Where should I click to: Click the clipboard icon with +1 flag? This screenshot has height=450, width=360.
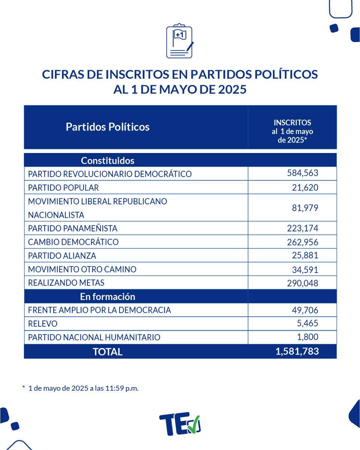click(x=180, y=41)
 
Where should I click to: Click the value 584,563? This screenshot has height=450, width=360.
click(x=302, y=173)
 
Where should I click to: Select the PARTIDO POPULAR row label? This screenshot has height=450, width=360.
click(x=63, y=187)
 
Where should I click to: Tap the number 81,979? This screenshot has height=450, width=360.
click(x=305, y=208)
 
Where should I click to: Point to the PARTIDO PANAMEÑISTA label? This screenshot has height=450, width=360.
click(x=73, y=228)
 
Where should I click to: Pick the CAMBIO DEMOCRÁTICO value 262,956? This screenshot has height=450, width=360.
click(x=302, y=242)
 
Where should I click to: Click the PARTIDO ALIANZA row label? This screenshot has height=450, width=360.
click(x=62, y=256)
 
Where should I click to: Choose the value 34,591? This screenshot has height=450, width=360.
click(x=305, y=269)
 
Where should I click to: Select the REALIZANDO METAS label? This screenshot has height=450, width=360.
click(x=66, y=283)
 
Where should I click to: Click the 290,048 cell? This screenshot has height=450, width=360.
click(x=302, y=283)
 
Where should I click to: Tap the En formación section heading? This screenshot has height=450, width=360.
click(x=108, y=297)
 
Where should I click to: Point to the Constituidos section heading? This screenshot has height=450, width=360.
click(x=108, y=161)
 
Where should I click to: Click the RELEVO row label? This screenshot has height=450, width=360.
click(x=43, y=324)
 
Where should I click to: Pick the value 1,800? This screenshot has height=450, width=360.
click(x=307, y=337)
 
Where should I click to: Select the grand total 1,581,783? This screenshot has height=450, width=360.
click(x=297, y=351)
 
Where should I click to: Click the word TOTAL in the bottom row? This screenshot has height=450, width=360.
click(x=108, y=352)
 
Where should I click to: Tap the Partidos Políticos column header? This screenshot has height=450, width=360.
click(x=108, y=127)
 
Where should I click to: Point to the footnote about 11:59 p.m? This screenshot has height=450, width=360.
click(x=81, y=388)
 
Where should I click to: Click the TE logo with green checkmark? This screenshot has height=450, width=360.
click(x=180, y=424)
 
